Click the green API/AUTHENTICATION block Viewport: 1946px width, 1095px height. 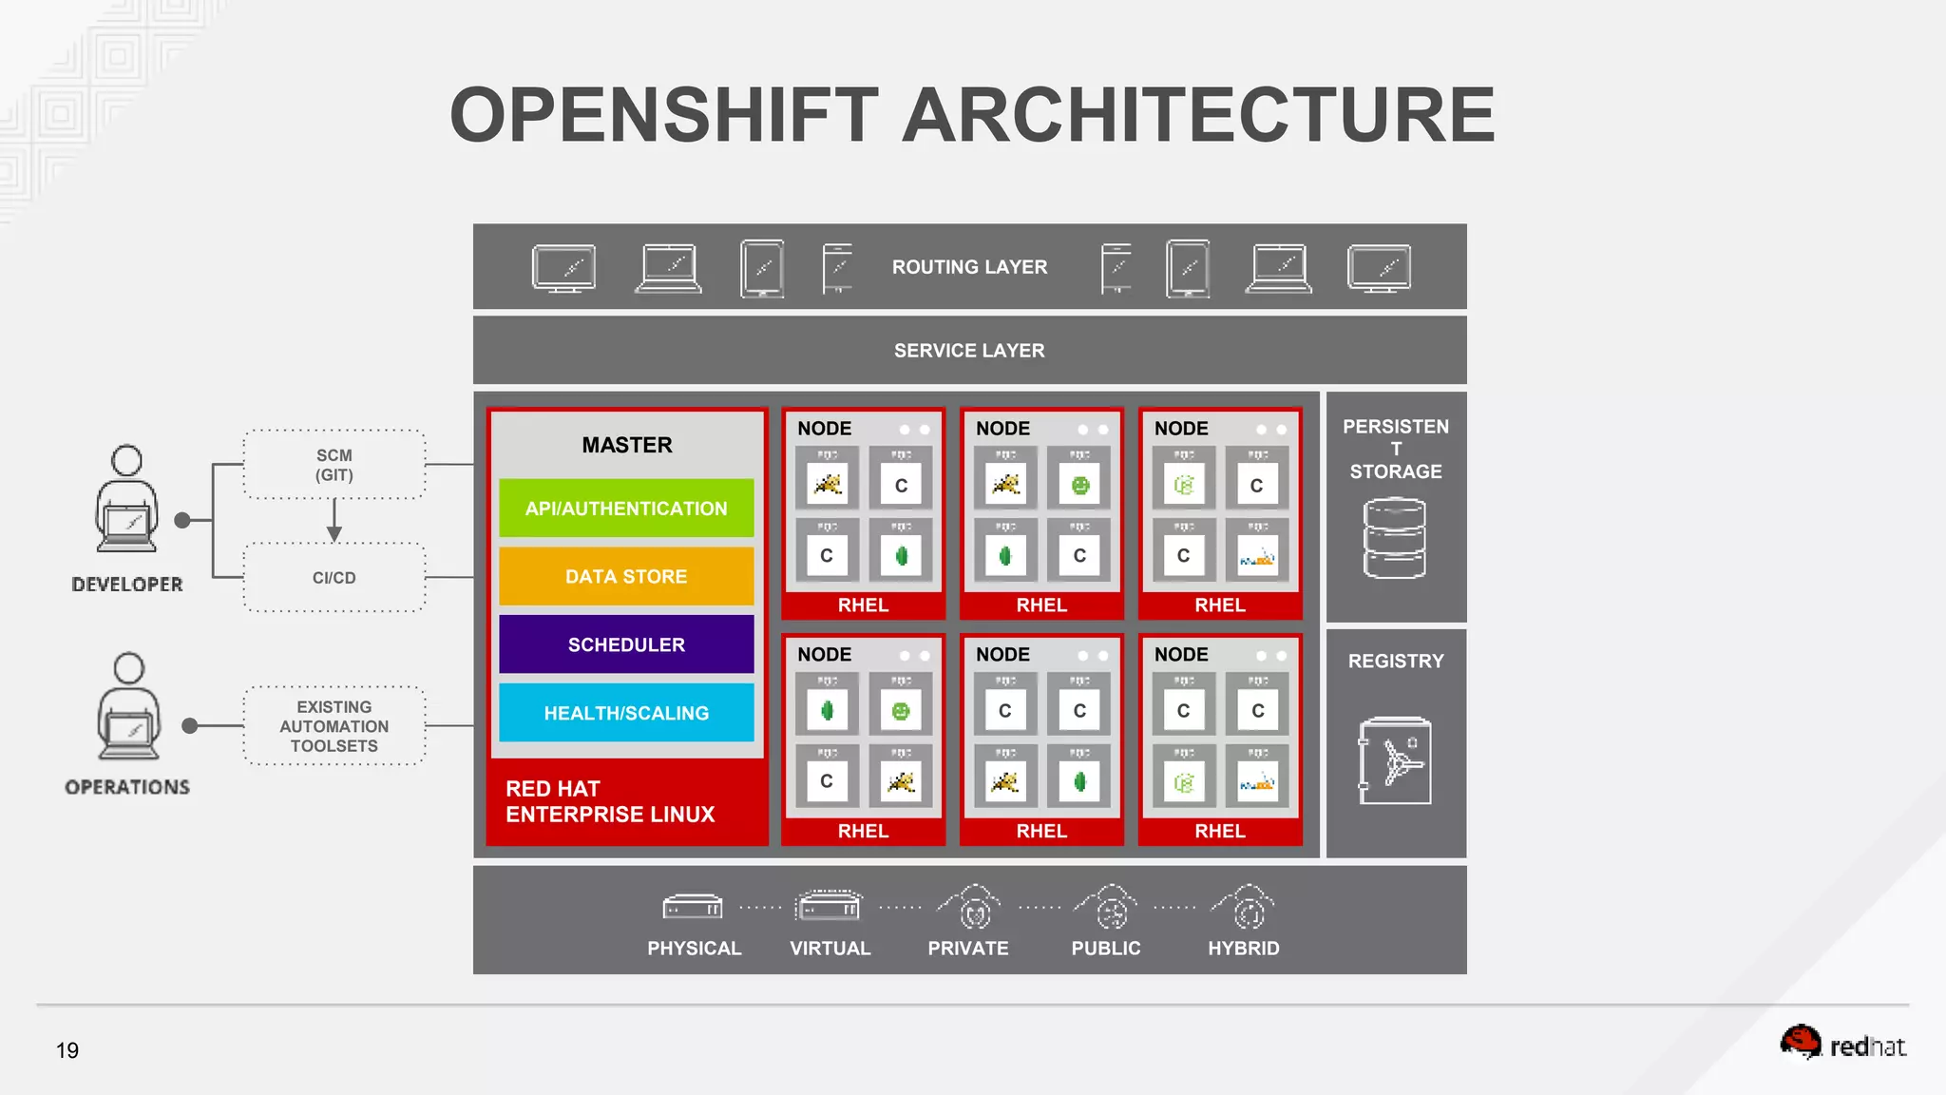(626, 509)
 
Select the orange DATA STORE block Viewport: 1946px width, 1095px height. (626, 576)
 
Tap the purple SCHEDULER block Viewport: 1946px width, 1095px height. (626, 644)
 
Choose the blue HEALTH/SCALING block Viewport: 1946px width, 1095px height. (626, 713)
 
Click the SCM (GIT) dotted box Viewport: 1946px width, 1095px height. (334, 465)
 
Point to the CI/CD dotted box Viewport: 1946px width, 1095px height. (334, 578)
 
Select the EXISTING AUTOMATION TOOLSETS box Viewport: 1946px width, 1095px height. (334, 726)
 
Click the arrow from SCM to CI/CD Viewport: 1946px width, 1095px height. (334, 521)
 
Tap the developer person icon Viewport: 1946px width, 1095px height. (126, 499)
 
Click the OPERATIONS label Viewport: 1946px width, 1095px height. (127, 787)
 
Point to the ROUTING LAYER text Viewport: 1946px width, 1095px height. (969, 267)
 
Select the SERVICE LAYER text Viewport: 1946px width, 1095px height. (969, 351)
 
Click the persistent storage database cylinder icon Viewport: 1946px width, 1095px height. (1394, 539)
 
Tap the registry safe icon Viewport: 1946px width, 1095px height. (1394, 760)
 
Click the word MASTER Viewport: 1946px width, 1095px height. (627, 445)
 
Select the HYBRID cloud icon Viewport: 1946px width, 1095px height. (1246, 908)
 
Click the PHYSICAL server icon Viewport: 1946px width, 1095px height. (693, 908)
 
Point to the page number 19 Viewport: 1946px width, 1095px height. (67, 1050)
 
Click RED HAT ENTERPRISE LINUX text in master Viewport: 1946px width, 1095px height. (610, 801)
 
